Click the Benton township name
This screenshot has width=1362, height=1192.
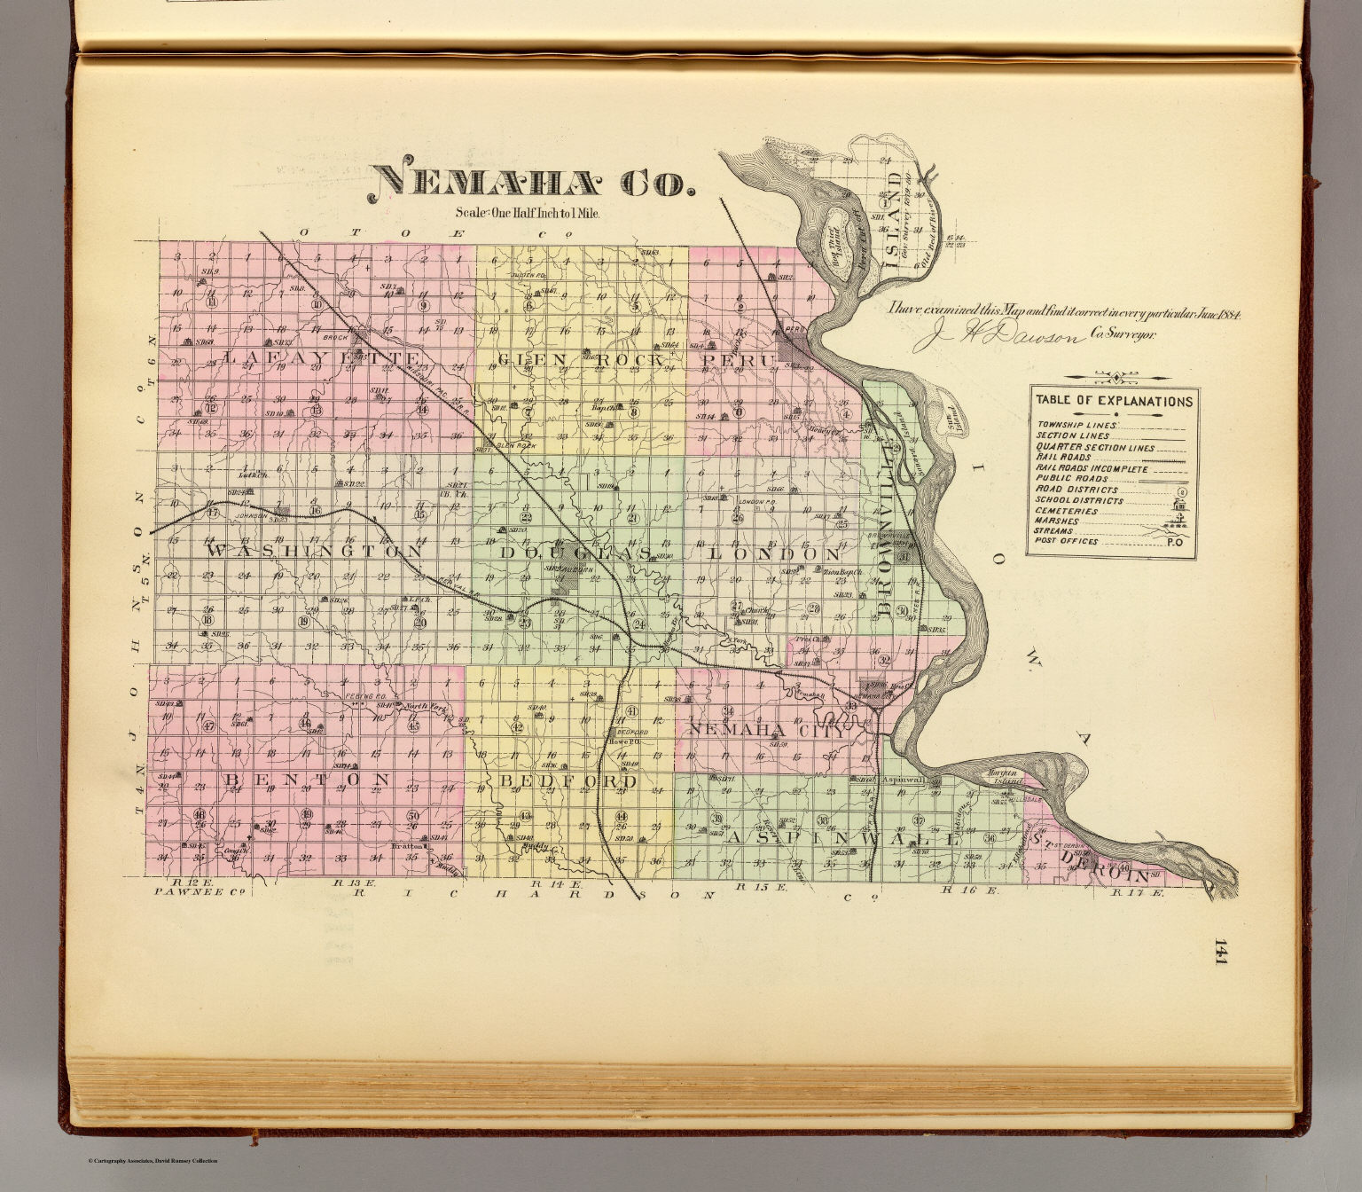tap(307, 780)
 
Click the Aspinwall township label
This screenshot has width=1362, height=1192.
tap(842, 838)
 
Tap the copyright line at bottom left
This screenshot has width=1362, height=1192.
tap(152, 1161)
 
